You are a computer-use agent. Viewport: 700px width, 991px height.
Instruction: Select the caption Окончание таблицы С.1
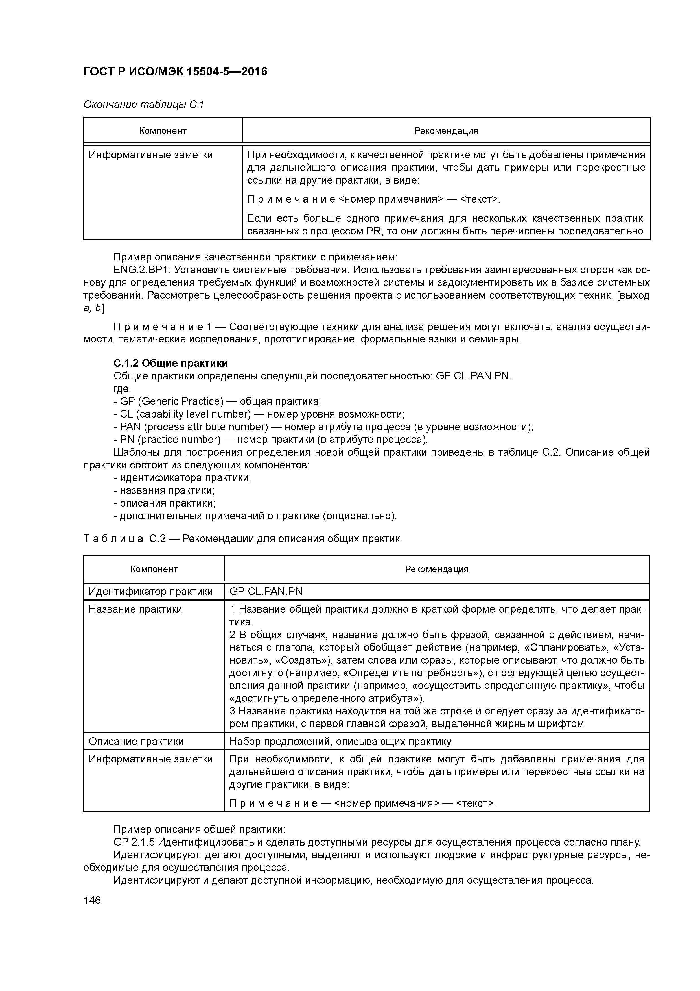[x=143, y=105]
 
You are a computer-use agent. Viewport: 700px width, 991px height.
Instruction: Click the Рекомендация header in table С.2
[x=436, y=569]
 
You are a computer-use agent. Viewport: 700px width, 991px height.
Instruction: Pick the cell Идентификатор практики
[x=150, y=591]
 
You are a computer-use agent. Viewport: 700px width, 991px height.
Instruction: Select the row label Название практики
[x=135, y=609]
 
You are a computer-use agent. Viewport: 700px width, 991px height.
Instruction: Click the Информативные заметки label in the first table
[x=150, y=155]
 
